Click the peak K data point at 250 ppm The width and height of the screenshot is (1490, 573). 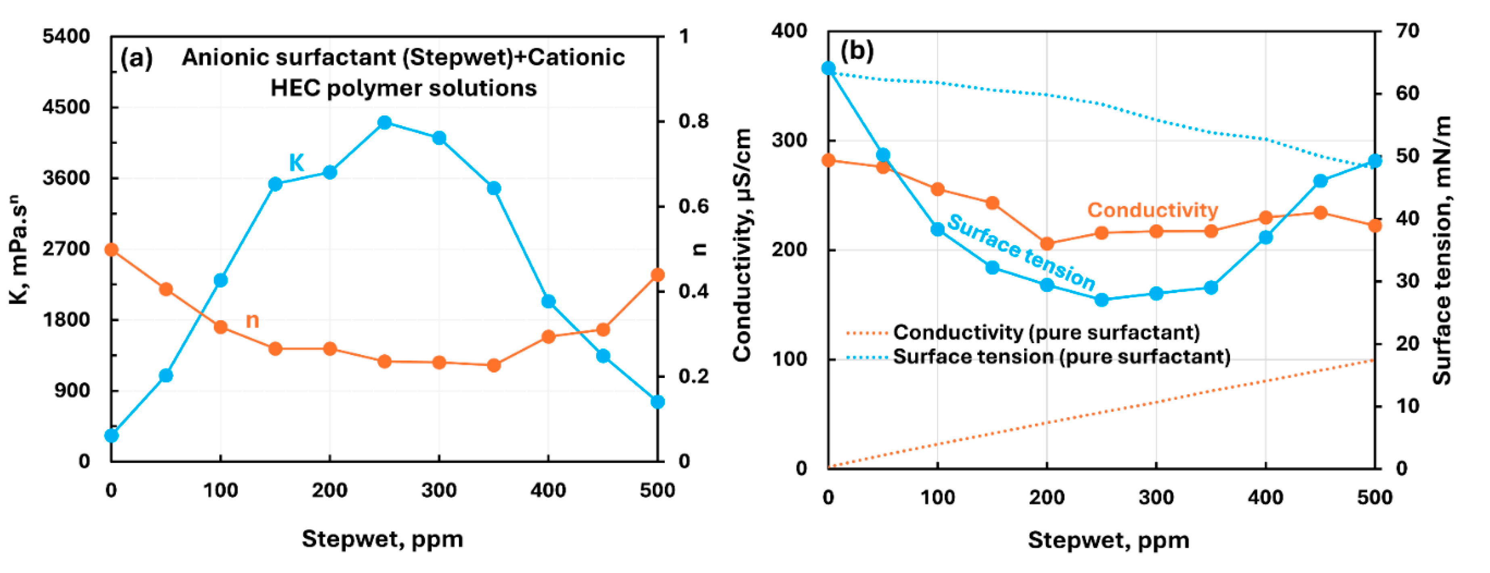(x=385, y=123)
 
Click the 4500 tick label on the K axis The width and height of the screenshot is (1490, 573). (x=67, y=107)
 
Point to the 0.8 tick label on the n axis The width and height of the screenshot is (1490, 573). (x=694, y=122)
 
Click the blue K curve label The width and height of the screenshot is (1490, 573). (x=296, y=163)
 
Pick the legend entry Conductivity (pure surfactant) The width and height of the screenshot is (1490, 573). (x=1046, y=332)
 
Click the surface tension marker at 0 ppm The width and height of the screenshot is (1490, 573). (x=828, y=68)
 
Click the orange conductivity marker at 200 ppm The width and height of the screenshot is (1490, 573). (x=1046, y=243)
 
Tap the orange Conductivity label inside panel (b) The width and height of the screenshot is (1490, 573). (x=1152, y=210)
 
